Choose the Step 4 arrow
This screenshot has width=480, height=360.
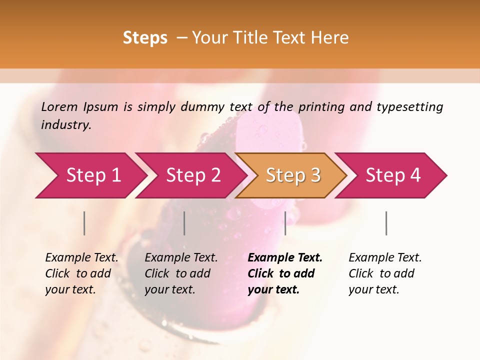click(x=392, y=175)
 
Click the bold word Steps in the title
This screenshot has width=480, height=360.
click(x=145, y=38)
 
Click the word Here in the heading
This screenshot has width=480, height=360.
click(x=329, y=38)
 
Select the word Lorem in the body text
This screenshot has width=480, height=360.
click(x=59, y=106)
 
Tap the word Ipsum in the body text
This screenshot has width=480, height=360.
click(x=100, y=106)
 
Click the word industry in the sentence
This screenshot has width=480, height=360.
click(x=65, y=124)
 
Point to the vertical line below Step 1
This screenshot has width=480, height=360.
click(x=84, y=223)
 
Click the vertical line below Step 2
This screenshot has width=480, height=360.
click(x=184, y=223)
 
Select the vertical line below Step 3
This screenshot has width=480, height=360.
click(x=285, y=223)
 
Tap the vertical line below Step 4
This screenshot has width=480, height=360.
click(x=386, y=223)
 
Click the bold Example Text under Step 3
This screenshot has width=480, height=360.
click(x=285, y=257)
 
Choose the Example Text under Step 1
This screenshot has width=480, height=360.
click(x=81, y=257)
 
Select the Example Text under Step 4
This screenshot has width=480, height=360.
click(x=385, y=257)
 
